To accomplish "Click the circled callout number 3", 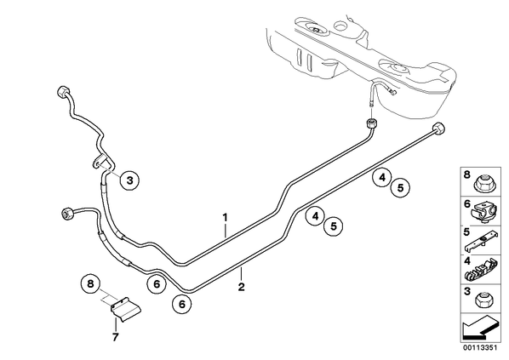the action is (130, 180).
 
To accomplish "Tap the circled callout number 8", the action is (90, 283).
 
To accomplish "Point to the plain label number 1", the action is (225, 217).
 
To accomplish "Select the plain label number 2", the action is (241, 287).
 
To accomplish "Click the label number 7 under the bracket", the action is (115, 338).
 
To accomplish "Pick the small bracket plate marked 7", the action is (125, 309).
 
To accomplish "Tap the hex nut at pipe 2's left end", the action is (67, 214).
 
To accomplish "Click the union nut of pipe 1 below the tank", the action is (372, 123).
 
